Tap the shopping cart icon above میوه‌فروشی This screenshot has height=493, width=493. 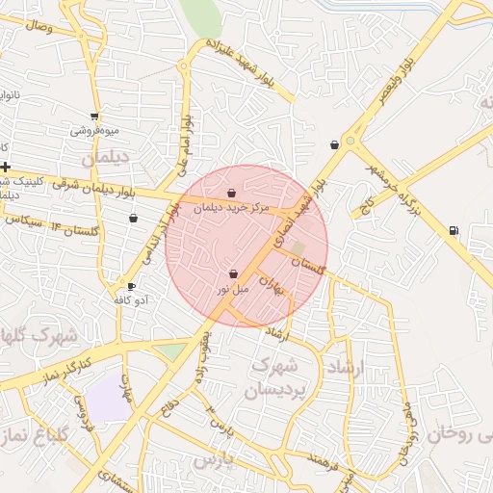click(93, 116)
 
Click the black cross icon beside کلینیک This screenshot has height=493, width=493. click(5, 167)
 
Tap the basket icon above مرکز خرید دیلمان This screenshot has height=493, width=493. click(231, 194)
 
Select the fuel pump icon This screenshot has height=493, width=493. click(454, 230)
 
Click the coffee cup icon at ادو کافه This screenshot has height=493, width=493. click(131, 287)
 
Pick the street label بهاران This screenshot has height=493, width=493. click(281, 283)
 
